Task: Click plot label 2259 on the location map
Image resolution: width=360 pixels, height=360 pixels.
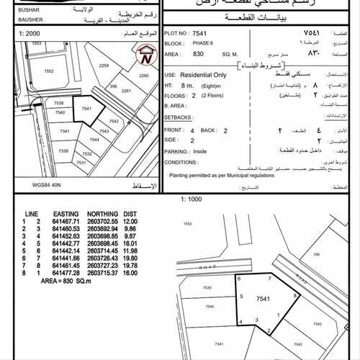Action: (104, 66)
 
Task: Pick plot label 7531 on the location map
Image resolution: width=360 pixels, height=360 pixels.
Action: (81, 163)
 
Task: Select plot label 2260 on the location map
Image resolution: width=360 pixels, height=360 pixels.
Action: (143, 76)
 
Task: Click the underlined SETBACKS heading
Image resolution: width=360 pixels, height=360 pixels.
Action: (178, 115)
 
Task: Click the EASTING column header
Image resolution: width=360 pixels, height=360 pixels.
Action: (60, 215)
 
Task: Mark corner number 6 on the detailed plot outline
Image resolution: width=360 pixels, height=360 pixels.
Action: (238, 277)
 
